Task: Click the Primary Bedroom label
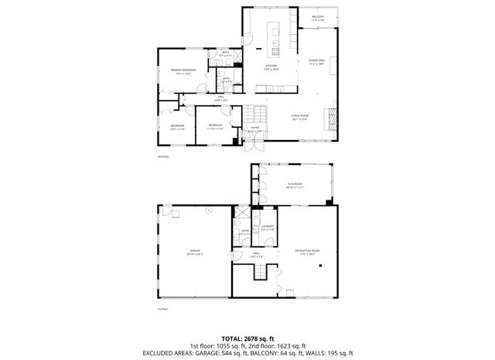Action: click(183, 72)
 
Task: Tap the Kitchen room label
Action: click(271, 68)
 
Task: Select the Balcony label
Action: click(318, 18)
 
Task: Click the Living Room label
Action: click(300, 118)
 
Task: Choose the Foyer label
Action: click(255, 129)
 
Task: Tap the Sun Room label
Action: click(295, 186)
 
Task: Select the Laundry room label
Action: click(268, 228)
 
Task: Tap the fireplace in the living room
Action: click(333, 118)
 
